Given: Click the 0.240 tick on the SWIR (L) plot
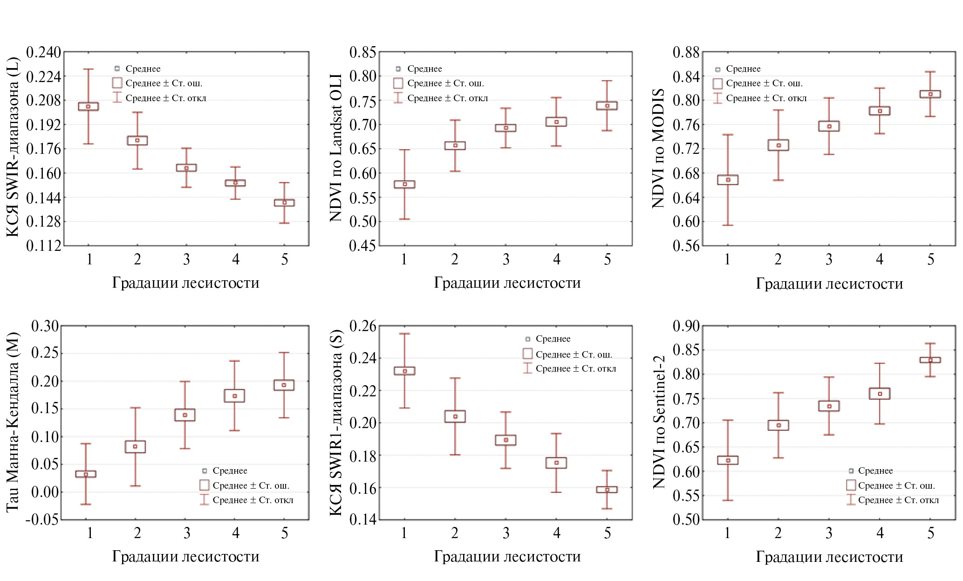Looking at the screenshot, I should tap(43, 52).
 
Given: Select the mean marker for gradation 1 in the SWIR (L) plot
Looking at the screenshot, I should tap(88, 106).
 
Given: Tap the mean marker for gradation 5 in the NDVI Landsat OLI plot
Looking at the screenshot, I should tap(607, 106).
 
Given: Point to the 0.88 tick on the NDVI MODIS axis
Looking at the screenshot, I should tap(686, 52).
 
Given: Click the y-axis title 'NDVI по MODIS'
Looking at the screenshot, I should tap(658, 148).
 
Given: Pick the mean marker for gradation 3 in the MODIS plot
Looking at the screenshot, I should tap(829, 126).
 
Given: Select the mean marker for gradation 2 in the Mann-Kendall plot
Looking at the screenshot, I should tap(135, 447).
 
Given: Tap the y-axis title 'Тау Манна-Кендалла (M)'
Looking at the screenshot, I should tap(13, 422).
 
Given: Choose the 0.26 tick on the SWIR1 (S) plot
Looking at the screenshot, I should tap(362, 326).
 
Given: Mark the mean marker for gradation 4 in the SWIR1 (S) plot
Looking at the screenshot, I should tap(556, 463).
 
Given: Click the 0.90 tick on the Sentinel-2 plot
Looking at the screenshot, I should tap(686, 326).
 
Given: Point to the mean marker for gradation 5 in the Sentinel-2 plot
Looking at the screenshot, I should tap(930, 360).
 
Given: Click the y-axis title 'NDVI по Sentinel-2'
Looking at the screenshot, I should tap(659, 422).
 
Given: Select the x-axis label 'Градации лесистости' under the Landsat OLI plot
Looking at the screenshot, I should tap(507, 283).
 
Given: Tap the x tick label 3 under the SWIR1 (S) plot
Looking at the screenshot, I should tap(506, 533).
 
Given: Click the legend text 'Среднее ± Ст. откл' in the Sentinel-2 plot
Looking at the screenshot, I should tap(898, 500).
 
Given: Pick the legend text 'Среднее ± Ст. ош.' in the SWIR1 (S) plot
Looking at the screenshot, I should tap(574, 354).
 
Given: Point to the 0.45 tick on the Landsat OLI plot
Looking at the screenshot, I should tap(362, 245).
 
